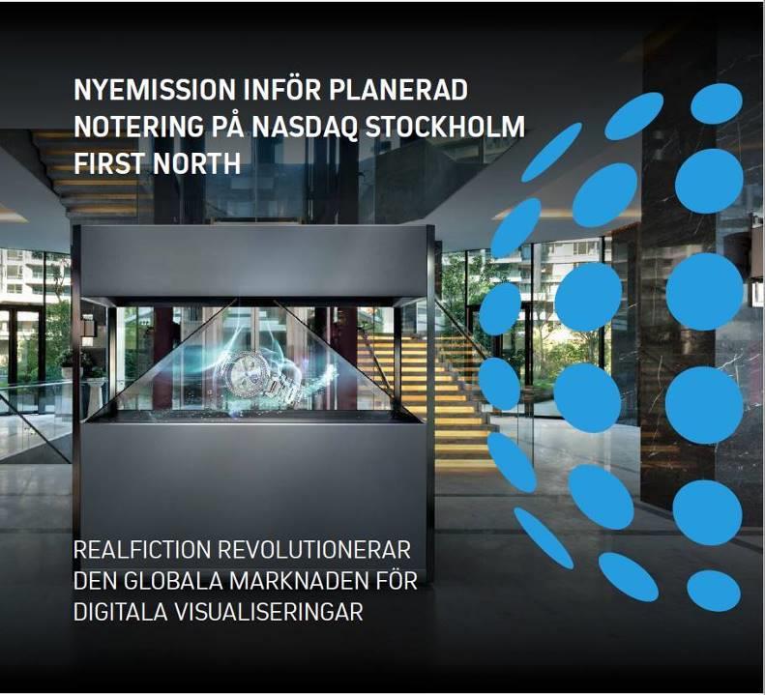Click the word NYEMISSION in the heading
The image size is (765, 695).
click(155, 89)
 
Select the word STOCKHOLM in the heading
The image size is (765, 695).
click(446, 127)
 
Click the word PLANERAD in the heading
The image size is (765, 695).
click(398, 89)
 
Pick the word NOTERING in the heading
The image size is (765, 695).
click(138, 127)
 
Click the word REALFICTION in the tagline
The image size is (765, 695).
click(142, 550)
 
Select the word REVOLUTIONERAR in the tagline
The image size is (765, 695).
click(314, 550)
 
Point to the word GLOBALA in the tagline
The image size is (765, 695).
click(171, 581)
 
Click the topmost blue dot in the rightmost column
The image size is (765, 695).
click(717, 103)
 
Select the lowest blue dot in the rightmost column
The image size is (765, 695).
click(714, 591)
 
